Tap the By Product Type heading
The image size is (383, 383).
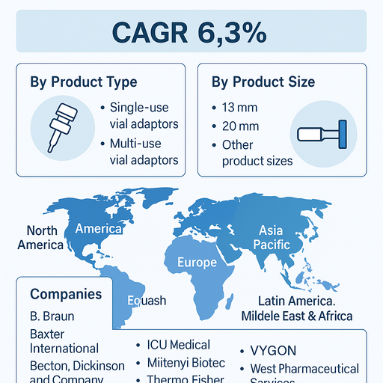83,82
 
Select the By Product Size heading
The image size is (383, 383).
263,82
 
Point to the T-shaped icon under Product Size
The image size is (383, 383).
321,134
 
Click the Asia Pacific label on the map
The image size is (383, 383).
271,238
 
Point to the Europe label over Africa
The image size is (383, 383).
197,263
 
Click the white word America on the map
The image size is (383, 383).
98,228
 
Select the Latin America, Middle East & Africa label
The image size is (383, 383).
296,308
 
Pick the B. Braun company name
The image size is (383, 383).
52,316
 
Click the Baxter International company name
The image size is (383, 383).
64,340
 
